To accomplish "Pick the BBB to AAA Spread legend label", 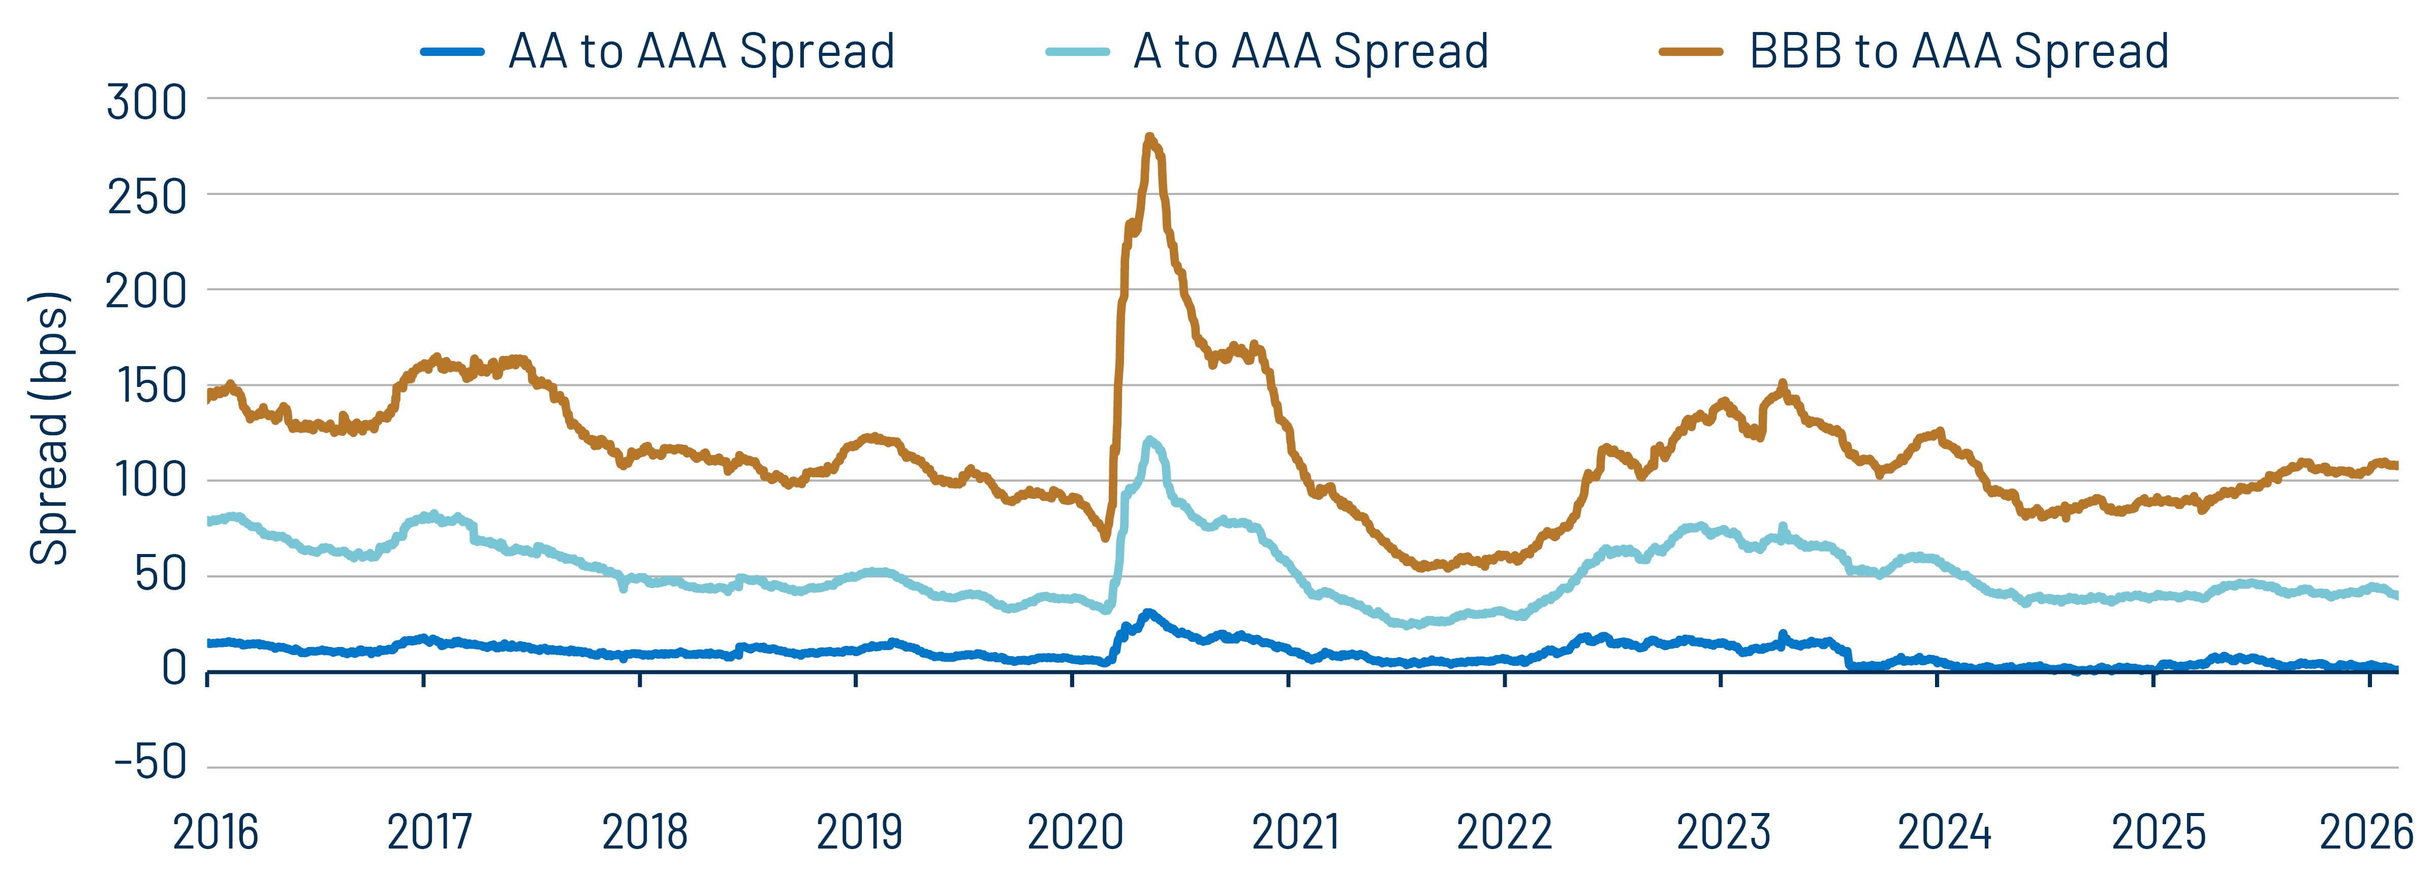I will click(x=1958, y=51).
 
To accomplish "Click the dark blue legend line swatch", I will click(x=453, y=52).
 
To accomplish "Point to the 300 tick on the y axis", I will click(x=146, y=101).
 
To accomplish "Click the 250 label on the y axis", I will click(x=146, y=197).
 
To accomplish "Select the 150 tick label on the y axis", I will click(x=149, y=385).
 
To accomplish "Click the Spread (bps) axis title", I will click(x=49, y=428).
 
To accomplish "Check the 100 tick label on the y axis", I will click(x=149, y=480).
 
